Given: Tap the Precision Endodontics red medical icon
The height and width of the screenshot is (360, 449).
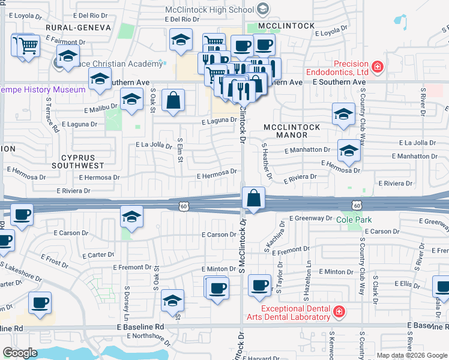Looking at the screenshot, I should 378,67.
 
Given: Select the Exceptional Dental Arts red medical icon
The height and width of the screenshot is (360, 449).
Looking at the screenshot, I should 339,312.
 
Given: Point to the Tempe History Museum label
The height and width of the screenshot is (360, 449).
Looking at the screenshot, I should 43,89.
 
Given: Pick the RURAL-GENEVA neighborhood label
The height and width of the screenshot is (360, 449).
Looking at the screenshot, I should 78,28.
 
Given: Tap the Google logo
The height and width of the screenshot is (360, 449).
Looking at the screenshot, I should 20,353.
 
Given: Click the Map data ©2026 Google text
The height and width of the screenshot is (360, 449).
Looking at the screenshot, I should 411,355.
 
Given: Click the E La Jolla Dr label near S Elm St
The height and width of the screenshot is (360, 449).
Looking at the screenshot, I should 154,145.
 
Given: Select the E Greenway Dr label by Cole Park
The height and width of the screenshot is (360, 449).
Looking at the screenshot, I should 310,219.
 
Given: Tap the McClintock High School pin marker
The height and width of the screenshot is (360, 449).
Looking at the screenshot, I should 263,9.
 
